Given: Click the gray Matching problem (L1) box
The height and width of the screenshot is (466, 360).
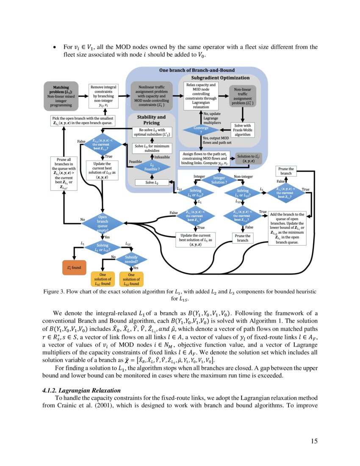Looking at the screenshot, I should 62,96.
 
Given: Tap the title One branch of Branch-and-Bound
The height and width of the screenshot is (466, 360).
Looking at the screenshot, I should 197,70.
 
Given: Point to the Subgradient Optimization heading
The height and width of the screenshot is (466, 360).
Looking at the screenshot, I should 220,78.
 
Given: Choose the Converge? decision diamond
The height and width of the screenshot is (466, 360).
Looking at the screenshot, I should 195,129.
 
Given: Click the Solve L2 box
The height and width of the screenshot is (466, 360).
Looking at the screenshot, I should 152,183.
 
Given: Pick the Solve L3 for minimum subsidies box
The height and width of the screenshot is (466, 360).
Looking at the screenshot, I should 152,148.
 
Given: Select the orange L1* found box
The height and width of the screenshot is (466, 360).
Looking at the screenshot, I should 74,268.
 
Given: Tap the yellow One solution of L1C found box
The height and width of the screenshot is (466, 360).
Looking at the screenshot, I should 102,279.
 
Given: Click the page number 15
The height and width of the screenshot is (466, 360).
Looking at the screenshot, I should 314,441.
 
